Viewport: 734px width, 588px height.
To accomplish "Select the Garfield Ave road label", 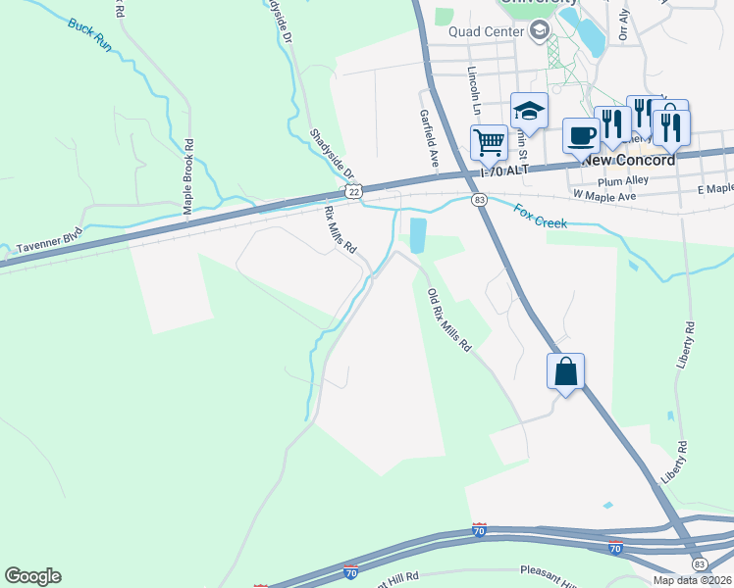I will point(429,136).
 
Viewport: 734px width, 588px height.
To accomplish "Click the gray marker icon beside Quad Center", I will point(539,31).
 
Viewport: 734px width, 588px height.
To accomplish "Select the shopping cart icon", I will point(489,142).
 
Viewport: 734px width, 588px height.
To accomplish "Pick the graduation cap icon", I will point(529,111).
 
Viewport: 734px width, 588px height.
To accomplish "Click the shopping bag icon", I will point(565,371).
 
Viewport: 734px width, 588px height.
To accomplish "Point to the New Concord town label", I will point(628,160).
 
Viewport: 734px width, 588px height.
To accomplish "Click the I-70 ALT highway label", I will point(505,171).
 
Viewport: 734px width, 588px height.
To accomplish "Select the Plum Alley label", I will point(622,182).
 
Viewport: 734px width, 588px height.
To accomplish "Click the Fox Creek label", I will point(540,216).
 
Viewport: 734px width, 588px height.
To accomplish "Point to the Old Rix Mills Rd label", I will point(448,319).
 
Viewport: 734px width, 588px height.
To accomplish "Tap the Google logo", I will point(32,576).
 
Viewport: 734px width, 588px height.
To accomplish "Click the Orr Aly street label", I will point(623,26).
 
